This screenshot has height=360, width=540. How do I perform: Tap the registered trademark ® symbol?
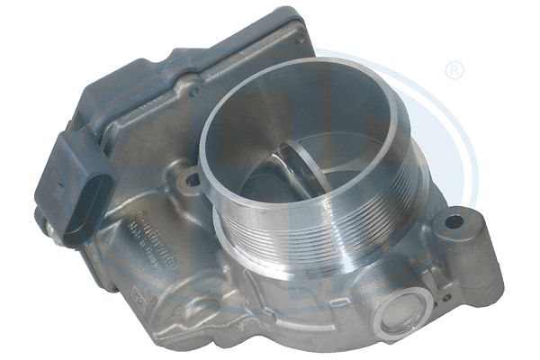(454, 69)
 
